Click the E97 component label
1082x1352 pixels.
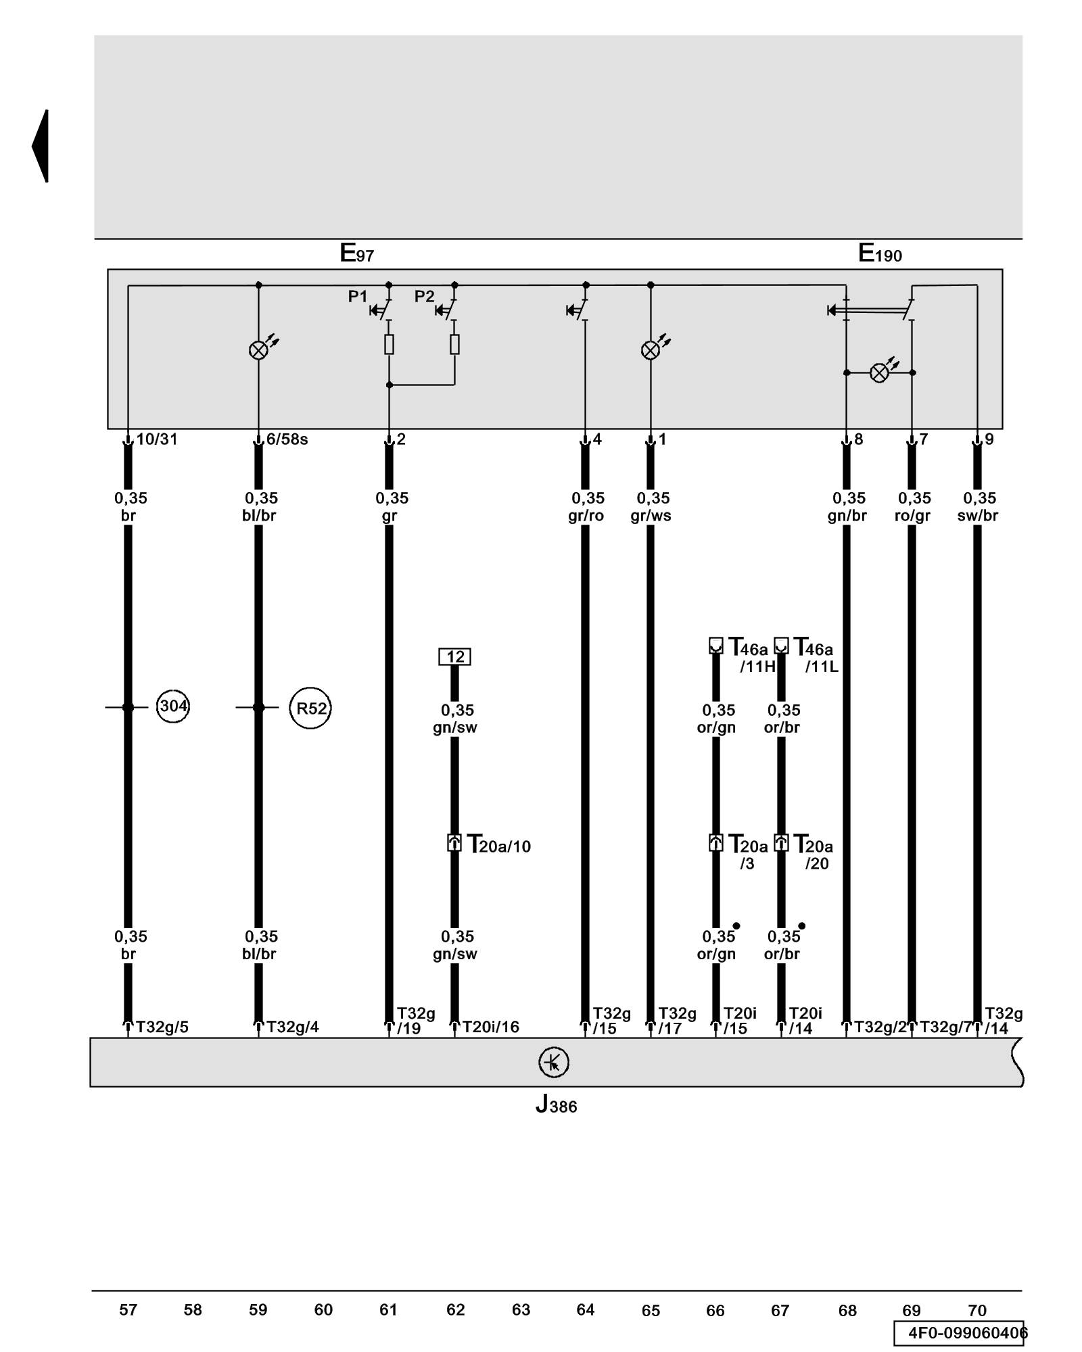(x=356, y=254)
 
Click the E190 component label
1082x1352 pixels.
(x=880, y=254)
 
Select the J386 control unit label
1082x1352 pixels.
(x=556, y=1104)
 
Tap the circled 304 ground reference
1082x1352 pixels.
(x=172, y=707)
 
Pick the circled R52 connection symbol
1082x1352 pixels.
(x=310, y=708)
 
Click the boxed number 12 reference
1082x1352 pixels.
(x=455, y=656)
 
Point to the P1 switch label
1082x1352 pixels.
(x=358, y=296)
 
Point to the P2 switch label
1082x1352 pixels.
(x=424, y=296)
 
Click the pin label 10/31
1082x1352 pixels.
(x=157, y=439)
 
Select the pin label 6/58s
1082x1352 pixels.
(x=287, y=439)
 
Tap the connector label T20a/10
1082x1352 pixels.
(x=499, y=846)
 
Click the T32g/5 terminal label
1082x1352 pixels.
(x=162, y=1028)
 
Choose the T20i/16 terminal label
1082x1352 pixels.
(x=490, y=1028)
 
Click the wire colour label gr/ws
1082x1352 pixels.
(x=651, y=516)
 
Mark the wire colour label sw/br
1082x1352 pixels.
(x=977, y=516)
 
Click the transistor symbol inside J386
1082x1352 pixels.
(x=553, y=1063)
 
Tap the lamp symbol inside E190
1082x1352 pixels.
(x=879, y=372)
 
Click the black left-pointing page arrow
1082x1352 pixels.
(x=41, y=146)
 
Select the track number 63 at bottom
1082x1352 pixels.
(x=521, y=1310)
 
